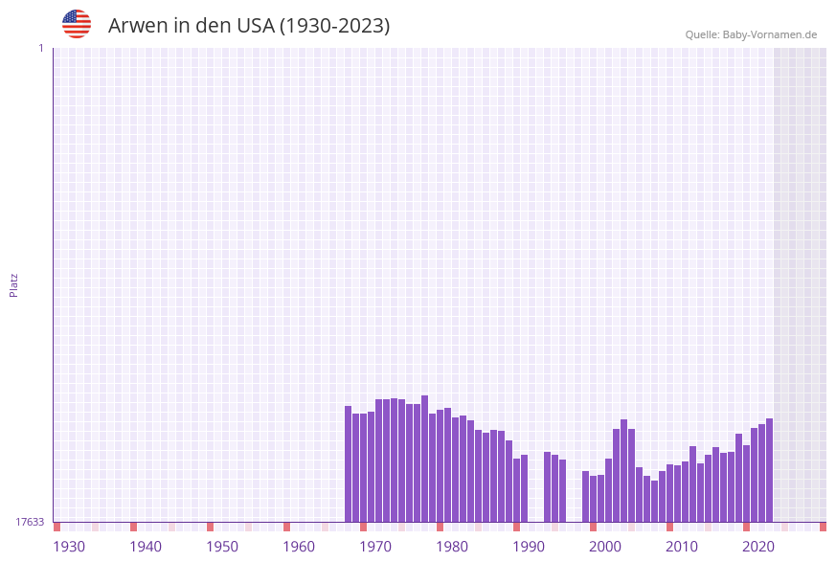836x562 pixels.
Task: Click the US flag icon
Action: click(77, 24)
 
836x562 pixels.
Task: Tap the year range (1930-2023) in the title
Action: click(334, 26)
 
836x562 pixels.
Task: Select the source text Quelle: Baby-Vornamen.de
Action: click(751, 34)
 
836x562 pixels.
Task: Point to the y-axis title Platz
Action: click(14, 284)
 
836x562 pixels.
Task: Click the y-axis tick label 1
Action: click(41, 48)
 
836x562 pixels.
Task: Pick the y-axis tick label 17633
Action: click(30, 522)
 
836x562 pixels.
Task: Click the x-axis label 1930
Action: click(69, 547)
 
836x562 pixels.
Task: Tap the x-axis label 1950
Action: click(222, 547)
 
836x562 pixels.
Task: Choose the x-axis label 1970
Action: click(375, 547)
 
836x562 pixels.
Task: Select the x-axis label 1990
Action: click(529, 547)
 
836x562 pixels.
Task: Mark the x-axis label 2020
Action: click(758, 547)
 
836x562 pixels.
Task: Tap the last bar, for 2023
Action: click(769, 470)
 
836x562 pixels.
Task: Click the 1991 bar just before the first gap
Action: click(524, 488)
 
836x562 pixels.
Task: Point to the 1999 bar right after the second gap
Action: click(585, 496)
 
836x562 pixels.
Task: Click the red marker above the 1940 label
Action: click(133, 527)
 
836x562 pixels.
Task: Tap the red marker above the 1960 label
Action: click(286, 527)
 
